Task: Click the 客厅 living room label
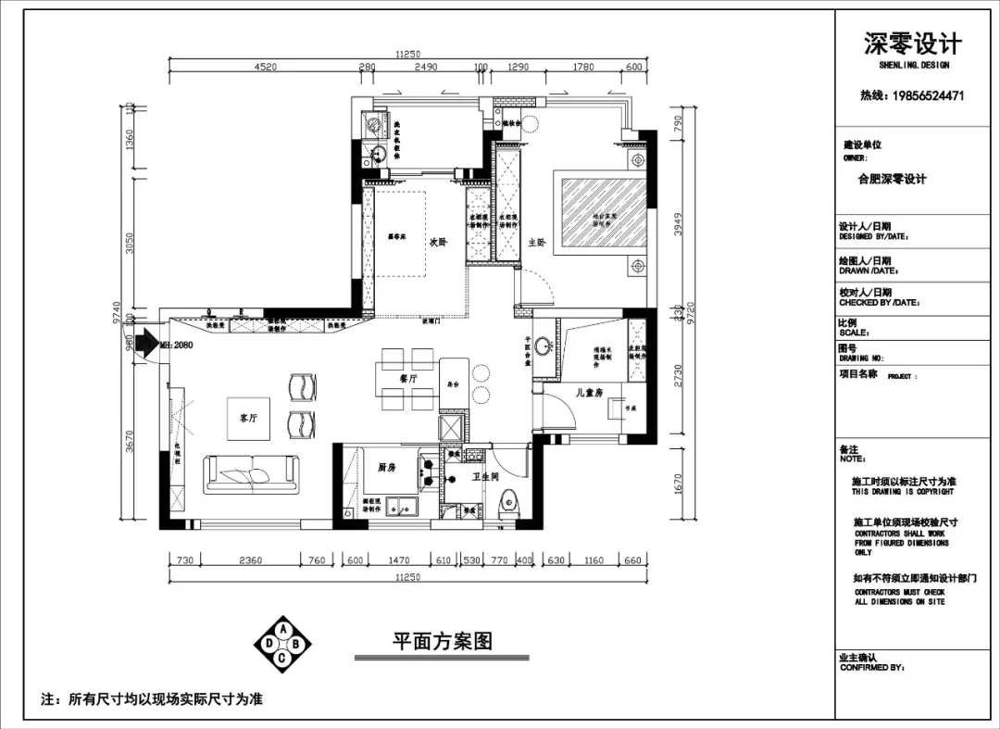click(247, 418)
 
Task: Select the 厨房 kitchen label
click(386, 468)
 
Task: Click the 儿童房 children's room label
click(588, 393)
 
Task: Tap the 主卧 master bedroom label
click(537, 243)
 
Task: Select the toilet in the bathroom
click(507, 506)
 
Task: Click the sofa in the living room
click(252, 474)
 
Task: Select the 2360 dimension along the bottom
click(250, 559)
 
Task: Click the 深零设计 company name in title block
click(912, 44)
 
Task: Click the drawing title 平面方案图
click(442, 641)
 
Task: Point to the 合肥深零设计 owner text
click(892, 179)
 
